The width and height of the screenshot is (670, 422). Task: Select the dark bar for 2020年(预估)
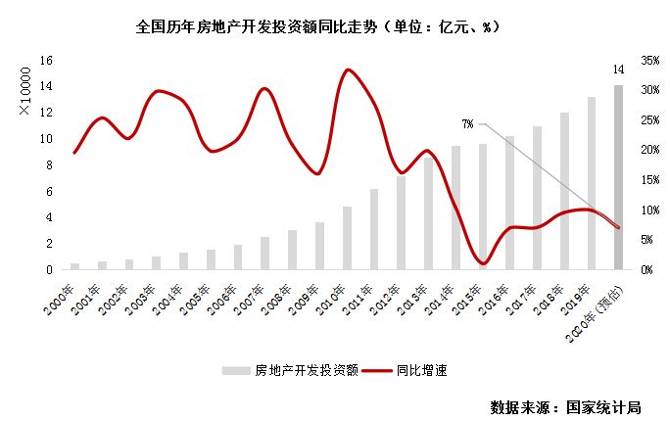[618, 176]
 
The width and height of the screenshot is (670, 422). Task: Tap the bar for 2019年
[592, 182]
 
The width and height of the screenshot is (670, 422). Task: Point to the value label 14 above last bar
[618, 69]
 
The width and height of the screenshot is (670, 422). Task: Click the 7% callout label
[468, 124]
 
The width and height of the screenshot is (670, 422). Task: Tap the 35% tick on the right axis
[650, 61]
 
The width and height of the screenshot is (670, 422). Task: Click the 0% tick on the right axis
[646, 269]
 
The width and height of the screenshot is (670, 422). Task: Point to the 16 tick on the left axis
[45, 61]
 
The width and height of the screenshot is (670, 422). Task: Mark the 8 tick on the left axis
[48, 164]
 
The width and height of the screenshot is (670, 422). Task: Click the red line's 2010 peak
[347, 70]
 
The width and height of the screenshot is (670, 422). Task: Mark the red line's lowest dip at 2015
[482, 263]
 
